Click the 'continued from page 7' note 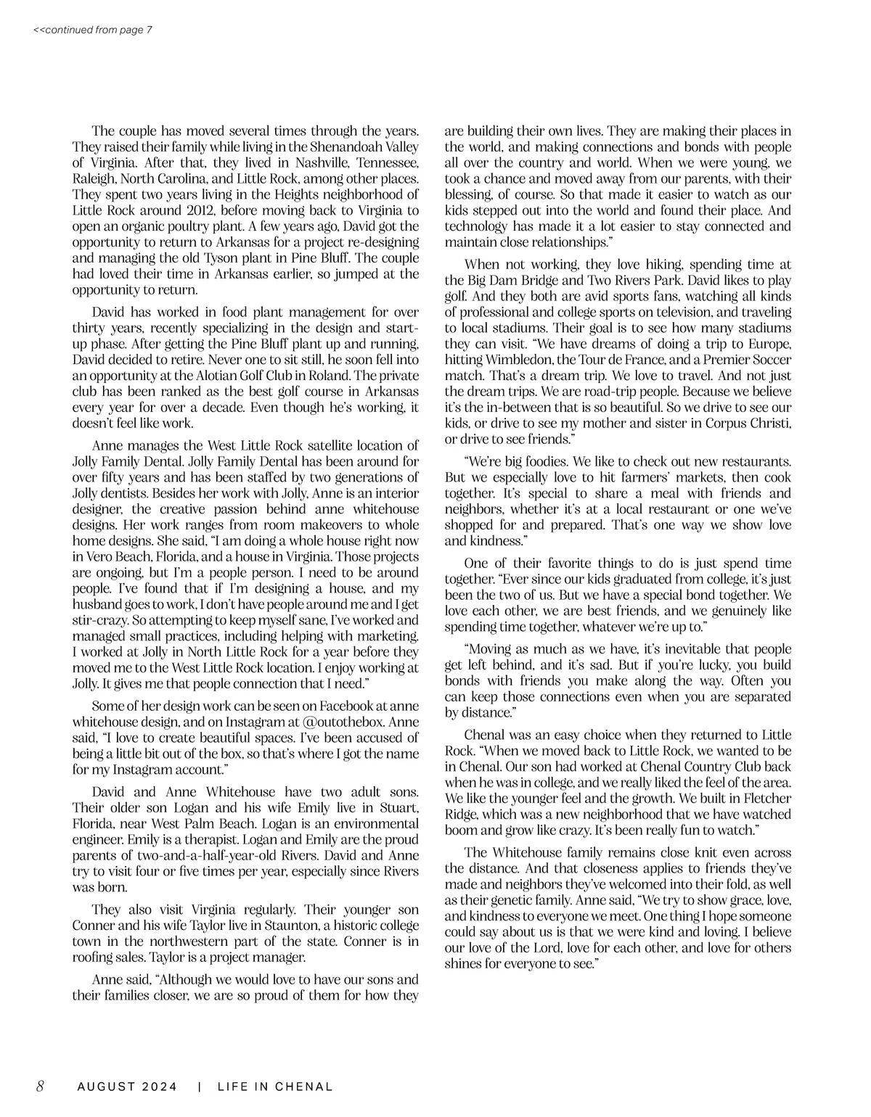point(92,30)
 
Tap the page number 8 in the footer point(41,1086)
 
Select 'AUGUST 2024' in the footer point(127,1087)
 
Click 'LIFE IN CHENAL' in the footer point(275,1087)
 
